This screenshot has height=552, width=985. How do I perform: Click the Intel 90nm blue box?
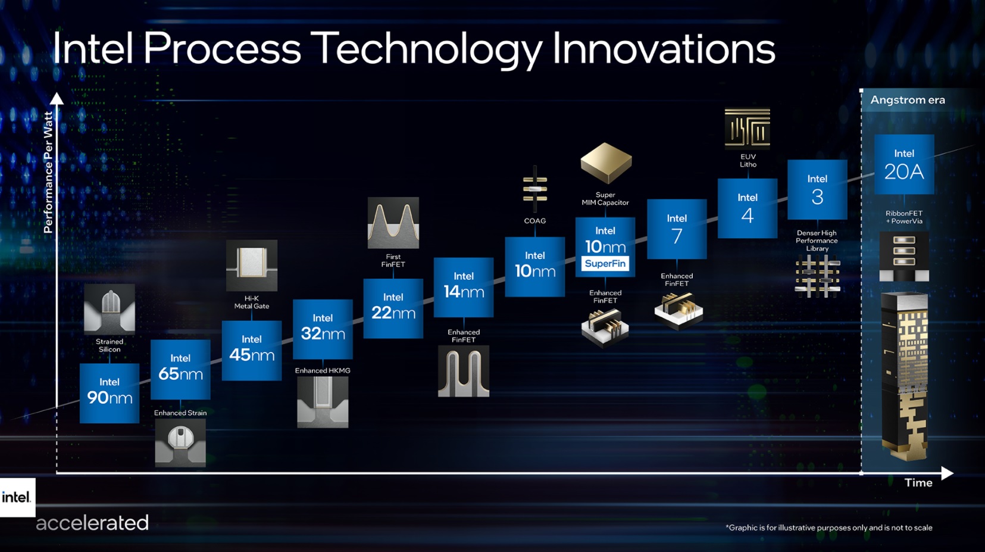pyautogui.click(x=110, y=393)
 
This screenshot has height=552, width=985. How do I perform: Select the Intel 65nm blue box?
pyautogui.click(x=180, y=369)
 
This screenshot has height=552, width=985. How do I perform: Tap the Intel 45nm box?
pyautogui.click(x=252, y=351)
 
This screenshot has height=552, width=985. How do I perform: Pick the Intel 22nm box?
pyautogui.click(x=393, y=308)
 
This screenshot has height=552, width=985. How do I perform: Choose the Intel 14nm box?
pyautogui.click(x=464, y=287)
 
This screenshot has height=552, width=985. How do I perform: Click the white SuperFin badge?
pyautogui.click(x=605, y=263)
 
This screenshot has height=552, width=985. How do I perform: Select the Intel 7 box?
pyautogui.click(x=677, y=229)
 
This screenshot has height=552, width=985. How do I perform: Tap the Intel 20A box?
pyautogui.click(x=904, y=164)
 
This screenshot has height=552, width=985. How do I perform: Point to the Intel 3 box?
pyautogui.click(x=817, y=189)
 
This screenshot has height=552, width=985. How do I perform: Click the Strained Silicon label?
pyautogui.click(x=110, y=345)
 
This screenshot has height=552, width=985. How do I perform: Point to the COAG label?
pyautogui.click(x=534, y=221)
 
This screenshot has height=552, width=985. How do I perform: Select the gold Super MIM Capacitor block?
pyautogui.click(x=606, y=163)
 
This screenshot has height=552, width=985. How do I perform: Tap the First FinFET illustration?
pyautogui.click(x=393, y=223)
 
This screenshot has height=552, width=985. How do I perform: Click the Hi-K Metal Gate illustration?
pyautogui.click(x=252, y=265)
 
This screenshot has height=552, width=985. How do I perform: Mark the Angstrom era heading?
pyautogui.click(x=908, y=100)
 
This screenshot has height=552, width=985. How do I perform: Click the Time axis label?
pyautogui.click(x=918, y=483)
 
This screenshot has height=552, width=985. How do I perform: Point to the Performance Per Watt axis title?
pyautogui.click(x=48, y=172)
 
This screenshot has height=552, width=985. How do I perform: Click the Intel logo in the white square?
pyautogui.click(x=16, y=497)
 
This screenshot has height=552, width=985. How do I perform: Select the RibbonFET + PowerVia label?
pyautogui.click(x=904, y=217)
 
